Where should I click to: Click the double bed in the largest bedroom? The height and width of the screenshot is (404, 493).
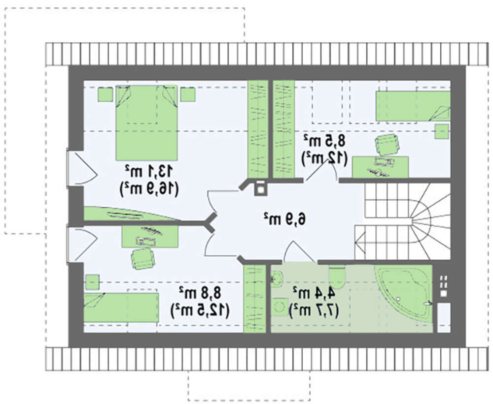pyautogui.click(x=146, y=123)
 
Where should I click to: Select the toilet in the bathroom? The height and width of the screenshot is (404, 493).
pyautogui.click(x=337, y=278)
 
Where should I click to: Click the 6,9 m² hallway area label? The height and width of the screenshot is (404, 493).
pyautogui.click(x=284, y=218)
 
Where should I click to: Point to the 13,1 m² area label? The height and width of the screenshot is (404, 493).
pyautogui.click(x=149, y=171)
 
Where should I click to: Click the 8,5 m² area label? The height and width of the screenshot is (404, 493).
pyautogui.click(x=324, y=140)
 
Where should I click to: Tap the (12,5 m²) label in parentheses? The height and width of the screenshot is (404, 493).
pyautogui.click(x=200, y=311)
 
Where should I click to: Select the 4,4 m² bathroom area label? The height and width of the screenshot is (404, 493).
pyautogui.click(x=314, y=293)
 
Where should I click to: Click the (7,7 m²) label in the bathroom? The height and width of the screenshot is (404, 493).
pyautogui.click(x=314, y=311)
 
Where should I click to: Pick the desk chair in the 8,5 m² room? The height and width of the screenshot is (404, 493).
pyautogui.click(x=387, y=144)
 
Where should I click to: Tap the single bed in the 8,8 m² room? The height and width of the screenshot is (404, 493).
pyautogui.click(x=121, y=308)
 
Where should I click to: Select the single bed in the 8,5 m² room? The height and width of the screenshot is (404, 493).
pyautogui.click(x=413, y=106)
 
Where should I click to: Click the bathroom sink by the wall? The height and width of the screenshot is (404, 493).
pyautogui.click(x=277, y=278)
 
